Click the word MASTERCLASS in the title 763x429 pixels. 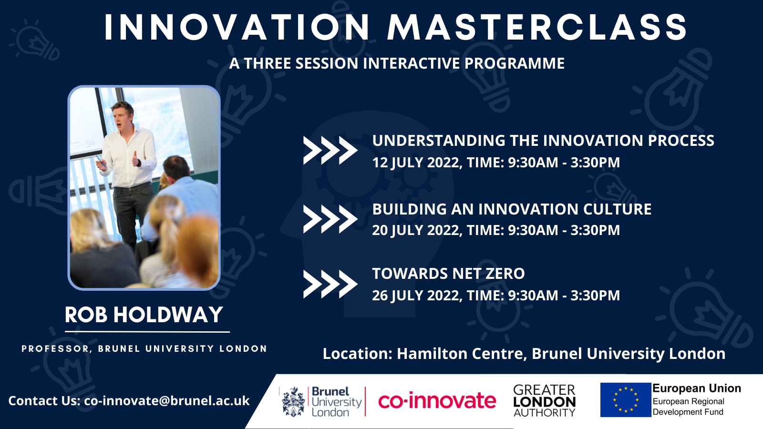537,27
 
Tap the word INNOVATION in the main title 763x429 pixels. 237,27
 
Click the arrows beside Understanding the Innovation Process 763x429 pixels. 330,151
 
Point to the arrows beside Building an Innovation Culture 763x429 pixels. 330,219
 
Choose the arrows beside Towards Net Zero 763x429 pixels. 330,284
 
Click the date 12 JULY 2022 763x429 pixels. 417,163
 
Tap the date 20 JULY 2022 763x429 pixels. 417,230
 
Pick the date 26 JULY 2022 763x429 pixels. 417,295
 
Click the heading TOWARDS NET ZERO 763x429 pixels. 448,274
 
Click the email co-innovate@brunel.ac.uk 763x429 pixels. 167,401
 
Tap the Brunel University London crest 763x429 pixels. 293,402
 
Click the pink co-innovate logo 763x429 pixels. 437,401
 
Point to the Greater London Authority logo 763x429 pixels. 544,401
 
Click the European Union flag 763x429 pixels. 625,400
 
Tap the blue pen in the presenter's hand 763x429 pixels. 100,162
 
